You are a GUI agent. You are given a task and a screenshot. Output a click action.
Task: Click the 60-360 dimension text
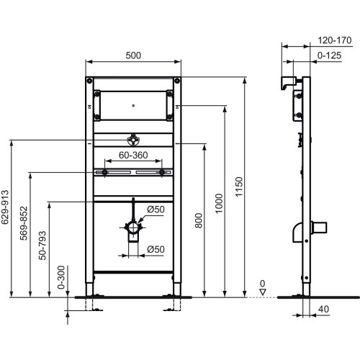coord(134,155)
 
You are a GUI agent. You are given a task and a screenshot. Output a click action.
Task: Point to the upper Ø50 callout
coord(156,210)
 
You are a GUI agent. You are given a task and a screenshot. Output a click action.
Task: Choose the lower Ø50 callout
coord(156,250)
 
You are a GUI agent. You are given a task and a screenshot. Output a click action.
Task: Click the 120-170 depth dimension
coord(334,41)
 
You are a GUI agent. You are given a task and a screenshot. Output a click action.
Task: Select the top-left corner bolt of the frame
coord(89,80)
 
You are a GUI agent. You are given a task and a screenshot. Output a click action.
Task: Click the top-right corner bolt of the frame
coord(173,80)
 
